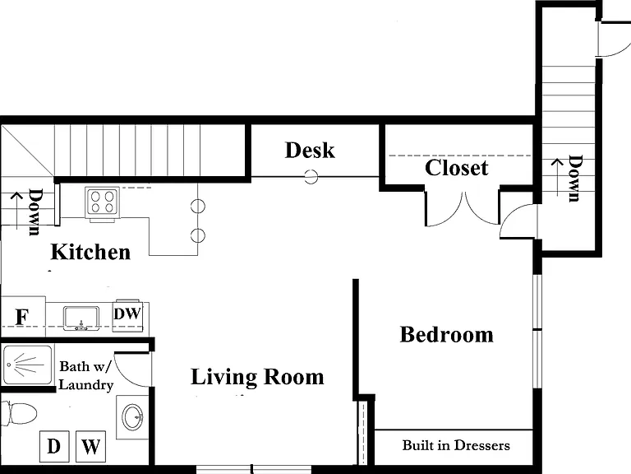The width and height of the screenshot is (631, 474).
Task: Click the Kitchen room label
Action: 90,252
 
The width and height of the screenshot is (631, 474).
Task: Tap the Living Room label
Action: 257,377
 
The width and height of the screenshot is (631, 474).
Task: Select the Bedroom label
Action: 447,335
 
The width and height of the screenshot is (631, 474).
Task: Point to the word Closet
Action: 456,168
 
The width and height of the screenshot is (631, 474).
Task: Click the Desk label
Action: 310,150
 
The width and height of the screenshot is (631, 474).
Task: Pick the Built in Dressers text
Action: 456,445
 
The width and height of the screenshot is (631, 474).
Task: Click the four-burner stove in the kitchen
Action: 102,202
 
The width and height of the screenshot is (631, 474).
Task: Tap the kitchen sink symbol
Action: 81,318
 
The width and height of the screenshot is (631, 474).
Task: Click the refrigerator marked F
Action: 22,317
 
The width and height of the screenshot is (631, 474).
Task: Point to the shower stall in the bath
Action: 27,365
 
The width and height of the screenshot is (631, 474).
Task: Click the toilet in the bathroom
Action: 19,413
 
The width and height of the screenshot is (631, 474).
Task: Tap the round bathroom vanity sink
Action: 132,416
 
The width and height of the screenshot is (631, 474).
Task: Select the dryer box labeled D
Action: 54,446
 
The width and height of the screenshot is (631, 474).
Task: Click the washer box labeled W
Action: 91,446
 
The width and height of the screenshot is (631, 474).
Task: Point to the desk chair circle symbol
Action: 311,177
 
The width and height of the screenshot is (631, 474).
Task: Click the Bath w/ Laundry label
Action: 86,375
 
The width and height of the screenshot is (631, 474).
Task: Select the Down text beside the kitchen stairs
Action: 36,211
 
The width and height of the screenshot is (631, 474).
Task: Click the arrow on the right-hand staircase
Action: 557,178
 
